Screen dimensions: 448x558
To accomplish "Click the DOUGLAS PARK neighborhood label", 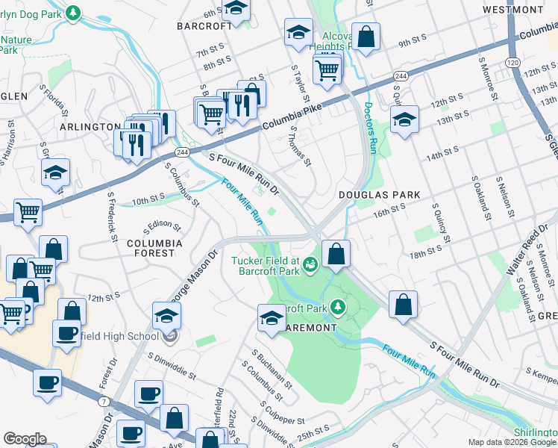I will coord(380,194).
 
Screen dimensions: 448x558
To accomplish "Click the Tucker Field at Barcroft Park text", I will coord(265,266).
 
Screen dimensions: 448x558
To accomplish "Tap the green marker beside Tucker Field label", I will coord(310,264).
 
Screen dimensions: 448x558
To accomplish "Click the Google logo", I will coord(25,439).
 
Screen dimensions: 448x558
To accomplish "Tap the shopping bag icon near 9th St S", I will coord(366,37).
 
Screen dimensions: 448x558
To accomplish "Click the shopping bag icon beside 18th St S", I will coord(336,254).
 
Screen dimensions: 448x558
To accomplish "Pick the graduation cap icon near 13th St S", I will coord(404,119).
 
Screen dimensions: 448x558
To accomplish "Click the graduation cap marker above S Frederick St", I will coord(56,172).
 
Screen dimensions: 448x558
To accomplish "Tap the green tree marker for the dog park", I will coord(72,13).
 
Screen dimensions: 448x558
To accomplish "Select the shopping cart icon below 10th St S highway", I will coord(28,213).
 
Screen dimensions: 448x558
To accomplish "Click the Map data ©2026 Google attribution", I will coord(512,443).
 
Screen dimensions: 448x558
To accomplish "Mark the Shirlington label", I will coord(536,433).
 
